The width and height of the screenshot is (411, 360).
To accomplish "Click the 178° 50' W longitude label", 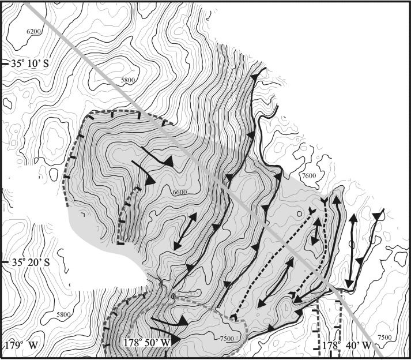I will click(x=147, y=343).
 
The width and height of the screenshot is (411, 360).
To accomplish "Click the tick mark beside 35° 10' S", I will click(x=4, y=64).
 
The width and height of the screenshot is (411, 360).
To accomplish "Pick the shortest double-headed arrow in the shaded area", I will click(x=315, y=233).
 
